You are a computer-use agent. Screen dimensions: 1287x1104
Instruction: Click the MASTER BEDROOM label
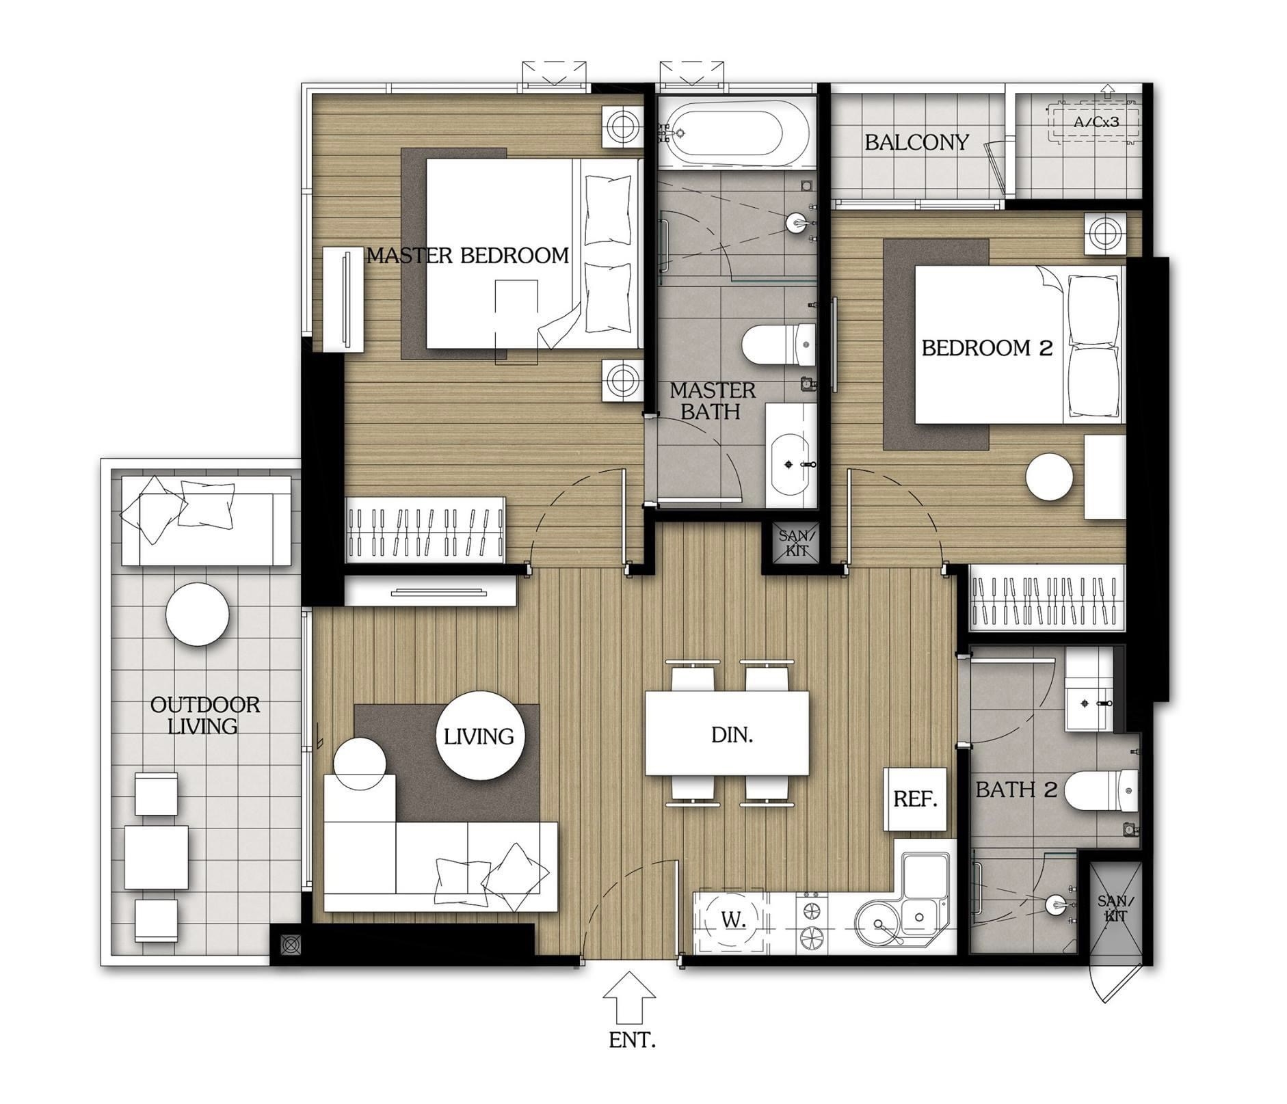(468, 256)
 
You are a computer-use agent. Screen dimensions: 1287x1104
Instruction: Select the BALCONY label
(916, 142)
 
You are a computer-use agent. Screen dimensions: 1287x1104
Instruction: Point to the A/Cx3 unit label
(1096, 122)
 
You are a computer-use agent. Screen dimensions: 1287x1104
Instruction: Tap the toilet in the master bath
(779, 345)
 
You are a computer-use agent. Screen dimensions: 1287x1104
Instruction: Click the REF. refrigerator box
(915, 798)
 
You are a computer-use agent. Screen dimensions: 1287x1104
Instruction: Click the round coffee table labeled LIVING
(479, 736)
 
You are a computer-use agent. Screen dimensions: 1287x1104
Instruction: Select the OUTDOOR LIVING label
(205, 715)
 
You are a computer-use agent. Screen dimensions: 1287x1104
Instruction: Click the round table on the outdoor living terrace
(198, 613)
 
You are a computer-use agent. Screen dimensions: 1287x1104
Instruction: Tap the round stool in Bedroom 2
(1050, 477)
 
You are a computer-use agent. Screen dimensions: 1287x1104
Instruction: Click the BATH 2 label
(1016, 790)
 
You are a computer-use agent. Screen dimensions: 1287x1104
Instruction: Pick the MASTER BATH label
(713, 401)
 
